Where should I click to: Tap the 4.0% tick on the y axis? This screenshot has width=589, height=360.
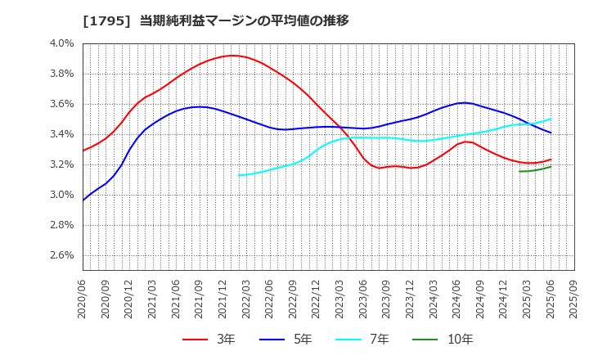pyautogui.click(x=62, y=43)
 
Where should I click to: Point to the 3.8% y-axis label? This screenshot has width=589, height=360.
pyautogui.click(x=62, y=74)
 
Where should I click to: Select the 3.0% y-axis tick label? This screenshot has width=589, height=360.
pyautogui.click(x=62, y=195)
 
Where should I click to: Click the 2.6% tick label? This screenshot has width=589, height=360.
pyautogui.click(x=62, y=255)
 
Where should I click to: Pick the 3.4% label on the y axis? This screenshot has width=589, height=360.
pyautogui.click(x=62, y=134)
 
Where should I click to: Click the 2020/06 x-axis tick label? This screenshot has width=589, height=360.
pyautogui.click(x=83, y=300)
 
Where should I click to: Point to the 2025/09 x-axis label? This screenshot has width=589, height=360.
pyautogui.click(x=573, y=300)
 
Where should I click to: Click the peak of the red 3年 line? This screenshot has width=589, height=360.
pyautogui.click(x=232, y=56)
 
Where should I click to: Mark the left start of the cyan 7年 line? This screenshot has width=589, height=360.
pyautogui.click(x=239, y=175)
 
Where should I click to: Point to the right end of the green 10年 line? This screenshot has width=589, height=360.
pyautogui.click(x=551, y=167)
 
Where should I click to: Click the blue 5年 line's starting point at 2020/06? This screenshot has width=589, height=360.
pyautogui.click(x=83, y=200)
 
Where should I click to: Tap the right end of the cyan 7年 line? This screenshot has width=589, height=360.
pyautogui.click(x=551, y=119)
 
